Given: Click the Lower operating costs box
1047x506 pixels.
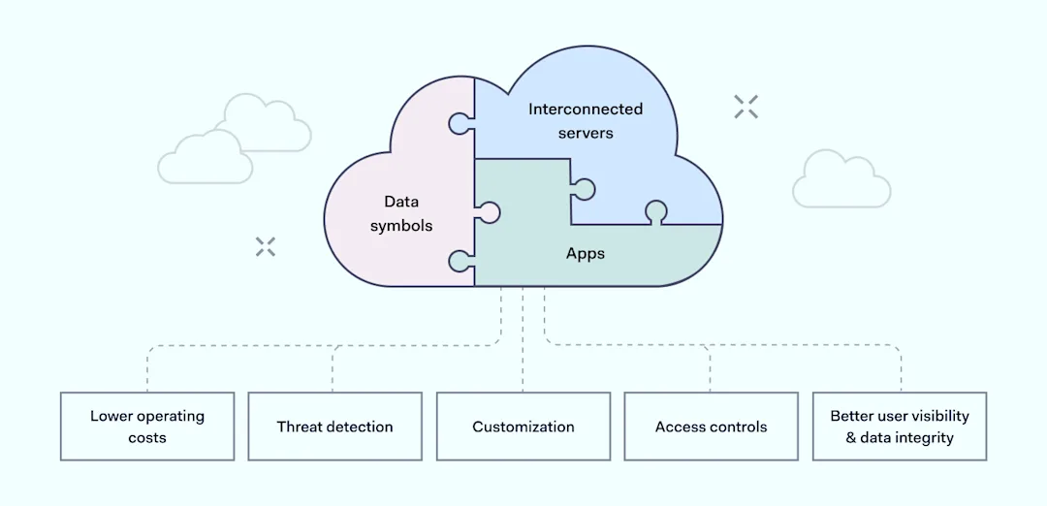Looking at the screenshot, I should pos(147,427).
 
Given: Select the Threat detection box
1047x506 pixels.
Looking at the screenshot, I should pos(334,427).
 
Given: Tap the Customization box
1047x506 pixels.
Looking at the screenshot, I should pos(523,427).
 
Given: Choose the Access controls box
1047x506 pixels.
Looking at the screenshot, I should pos(711,427).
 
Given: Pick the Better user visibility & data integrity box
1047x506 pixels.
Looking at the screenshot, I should pos(899,427).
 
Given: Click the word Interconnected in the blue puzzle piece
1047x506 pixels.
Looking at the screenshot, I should pos(586,110).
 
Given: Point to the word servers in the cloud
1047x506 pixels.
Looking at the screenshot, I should pos(586,133).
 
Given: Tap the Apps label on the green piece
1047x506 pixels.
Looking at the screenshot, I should pos(586,254).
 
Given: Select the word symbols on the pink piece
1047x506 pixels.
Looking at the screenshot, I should pos(401,226).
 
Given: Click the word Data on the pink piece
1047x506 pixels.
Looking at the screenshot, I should pos(400,202).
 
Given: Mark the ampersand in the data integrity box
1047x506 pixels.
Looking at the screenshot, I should pos(850,438).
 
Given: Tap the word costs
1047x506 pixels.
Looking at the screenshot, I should pos(147,438).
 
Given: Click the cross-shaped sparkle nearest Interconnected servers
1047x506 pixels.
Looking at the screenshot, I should pos(746,107).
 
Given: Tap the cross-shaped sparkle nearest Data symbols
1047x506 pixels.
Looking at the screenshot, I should pos(266,246).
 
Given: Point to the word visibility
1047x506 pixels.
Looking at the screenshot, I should pos(936,416).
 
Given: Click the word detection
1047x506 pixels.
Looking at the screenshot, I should pos(359,427).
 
